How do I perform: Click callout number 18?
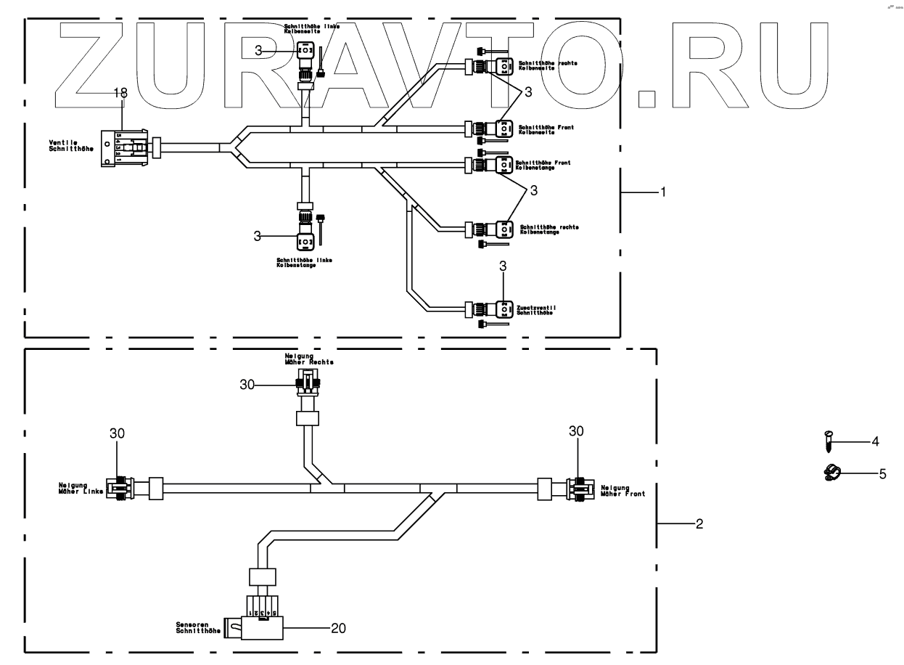click(120, 93)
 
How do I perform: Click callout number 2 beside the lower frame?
click(699, 523)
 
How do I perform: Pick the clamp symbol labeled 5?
click(831, 473)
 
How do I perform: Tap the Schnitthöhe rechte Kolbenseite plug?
click(502, 67)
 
